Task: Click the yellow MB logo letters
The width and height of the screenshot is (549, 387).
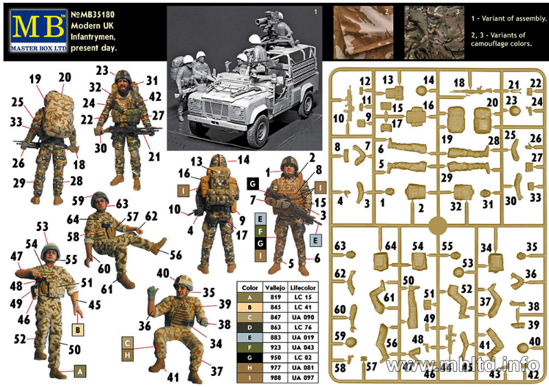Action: coord(38,27)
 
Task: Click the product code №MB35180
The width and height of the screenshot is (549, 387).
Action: coord(93,14)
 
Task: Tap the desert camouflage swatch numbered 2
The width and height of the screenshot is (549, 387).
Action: coord(363,32)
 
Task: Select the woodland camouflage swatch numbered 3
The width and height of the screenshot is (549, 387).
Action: coord(434,32)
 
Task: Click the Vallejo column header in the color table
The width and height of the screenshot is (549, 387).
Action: coord(276,287)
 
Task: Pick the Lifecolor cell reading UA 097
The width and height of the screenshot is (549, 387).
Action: coord(303,378)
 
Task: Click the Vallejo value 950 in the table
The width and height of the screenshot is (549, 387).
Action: coord(276,357)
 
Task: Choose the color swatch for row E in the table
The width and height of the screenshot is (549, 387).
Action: coord(249,338)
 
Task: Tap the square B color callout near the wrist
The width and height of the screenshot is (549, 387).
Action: coord(78,330)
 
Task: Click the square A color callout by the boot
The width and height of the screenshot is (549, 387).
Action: coord(80,372)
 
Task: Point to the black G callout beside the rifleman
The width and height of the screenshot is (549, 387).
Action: coord(253,184)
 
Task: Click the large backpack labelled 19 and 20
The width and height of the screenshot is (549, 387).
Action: coord(59,114)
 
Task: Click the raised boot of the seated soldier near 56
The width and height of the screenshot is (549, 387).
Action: coord(159,245)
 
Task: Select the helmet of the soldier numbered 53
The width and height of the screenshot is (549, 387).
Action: coord(51,250)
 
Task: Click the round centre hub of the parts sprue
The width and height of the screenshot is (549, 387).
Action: coord(438,225)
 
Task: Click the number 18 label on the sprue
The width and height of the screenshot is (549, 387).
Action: coord(459,82)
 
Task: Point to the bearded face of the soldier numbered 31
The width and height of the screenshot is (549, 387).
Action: coord(123,84)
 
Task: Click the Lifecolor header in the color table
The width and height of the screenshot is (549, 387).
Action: coord(303,287)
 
